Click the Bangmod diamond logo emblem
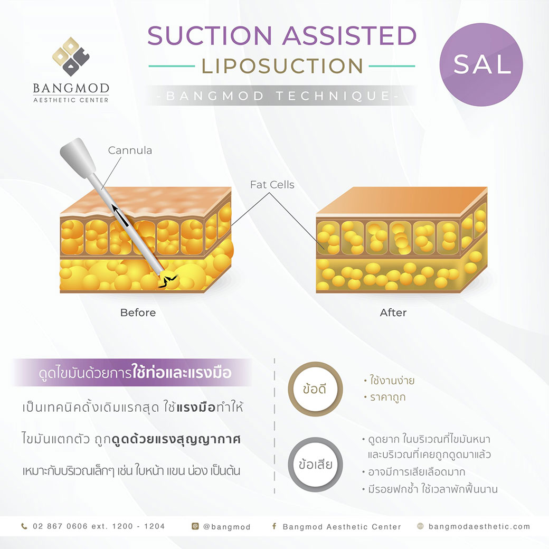(x=71, y=56)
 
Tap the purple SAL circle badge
(x=481, y=64)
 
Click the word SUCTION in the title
(x=210, y=36)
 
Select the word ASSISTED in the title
(x=349, y=36)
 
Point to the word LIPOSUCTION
(x=282, y=66)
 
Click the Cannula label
(x=130, y=150)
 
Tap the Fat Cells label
(x=272, y=185)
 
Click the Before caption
(x=138, y=313)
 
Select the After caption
(x=393, y=313)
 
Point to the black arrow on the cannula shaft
(x=120, y=215)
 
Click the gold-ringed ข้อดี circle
(x=315, y=389)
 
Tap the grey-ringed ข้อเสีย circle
(x=315, y=464)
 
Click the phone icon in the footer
(x=24, y=526)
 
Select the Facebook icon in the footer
(x=274, y=526)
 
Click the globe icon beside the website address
(x=421, y=526)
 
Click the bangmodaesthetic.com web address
(x=479, y=526)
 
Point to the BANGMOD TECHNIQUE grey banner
(x=281, y=96)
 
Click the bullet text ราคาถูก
(x=387, y=397)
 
